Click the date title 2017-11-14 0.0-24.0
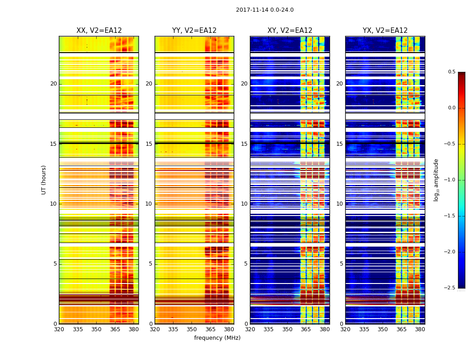pyautogui.click(x=264, y=10)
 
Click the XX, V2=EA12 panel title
pyautogui.click(x=99, y=31)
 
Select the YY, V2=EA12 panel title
pyautogui.click(x=194, y=31)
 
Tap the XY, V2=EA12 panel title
pyautogui.click(x=289, y=31)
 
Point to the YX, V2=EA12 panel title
pyautogui.click(x=385, y=31)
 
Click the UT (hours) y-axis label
pyautogui.click(x=44, y=180)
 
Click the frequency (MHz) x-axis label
pyautogui.click(x=217, y=338)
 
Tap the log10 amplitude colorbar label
pyautogui.click(x=436, y=180)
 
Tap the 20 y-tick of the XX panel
pyautogui.click(x=53, y=84)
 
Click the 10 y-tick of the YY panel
pyautogui.click(x=149, y=204)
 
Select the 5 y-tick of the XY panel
pyautogui.click(x=245, y=264)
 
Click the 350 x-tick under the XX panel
pyautogui.click(x=96, y=329)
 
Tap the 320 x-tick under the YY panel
pyautogui.click(x=155, y=329)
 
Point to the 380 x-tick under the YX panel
pyautogui.click(x=420, y=329)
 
